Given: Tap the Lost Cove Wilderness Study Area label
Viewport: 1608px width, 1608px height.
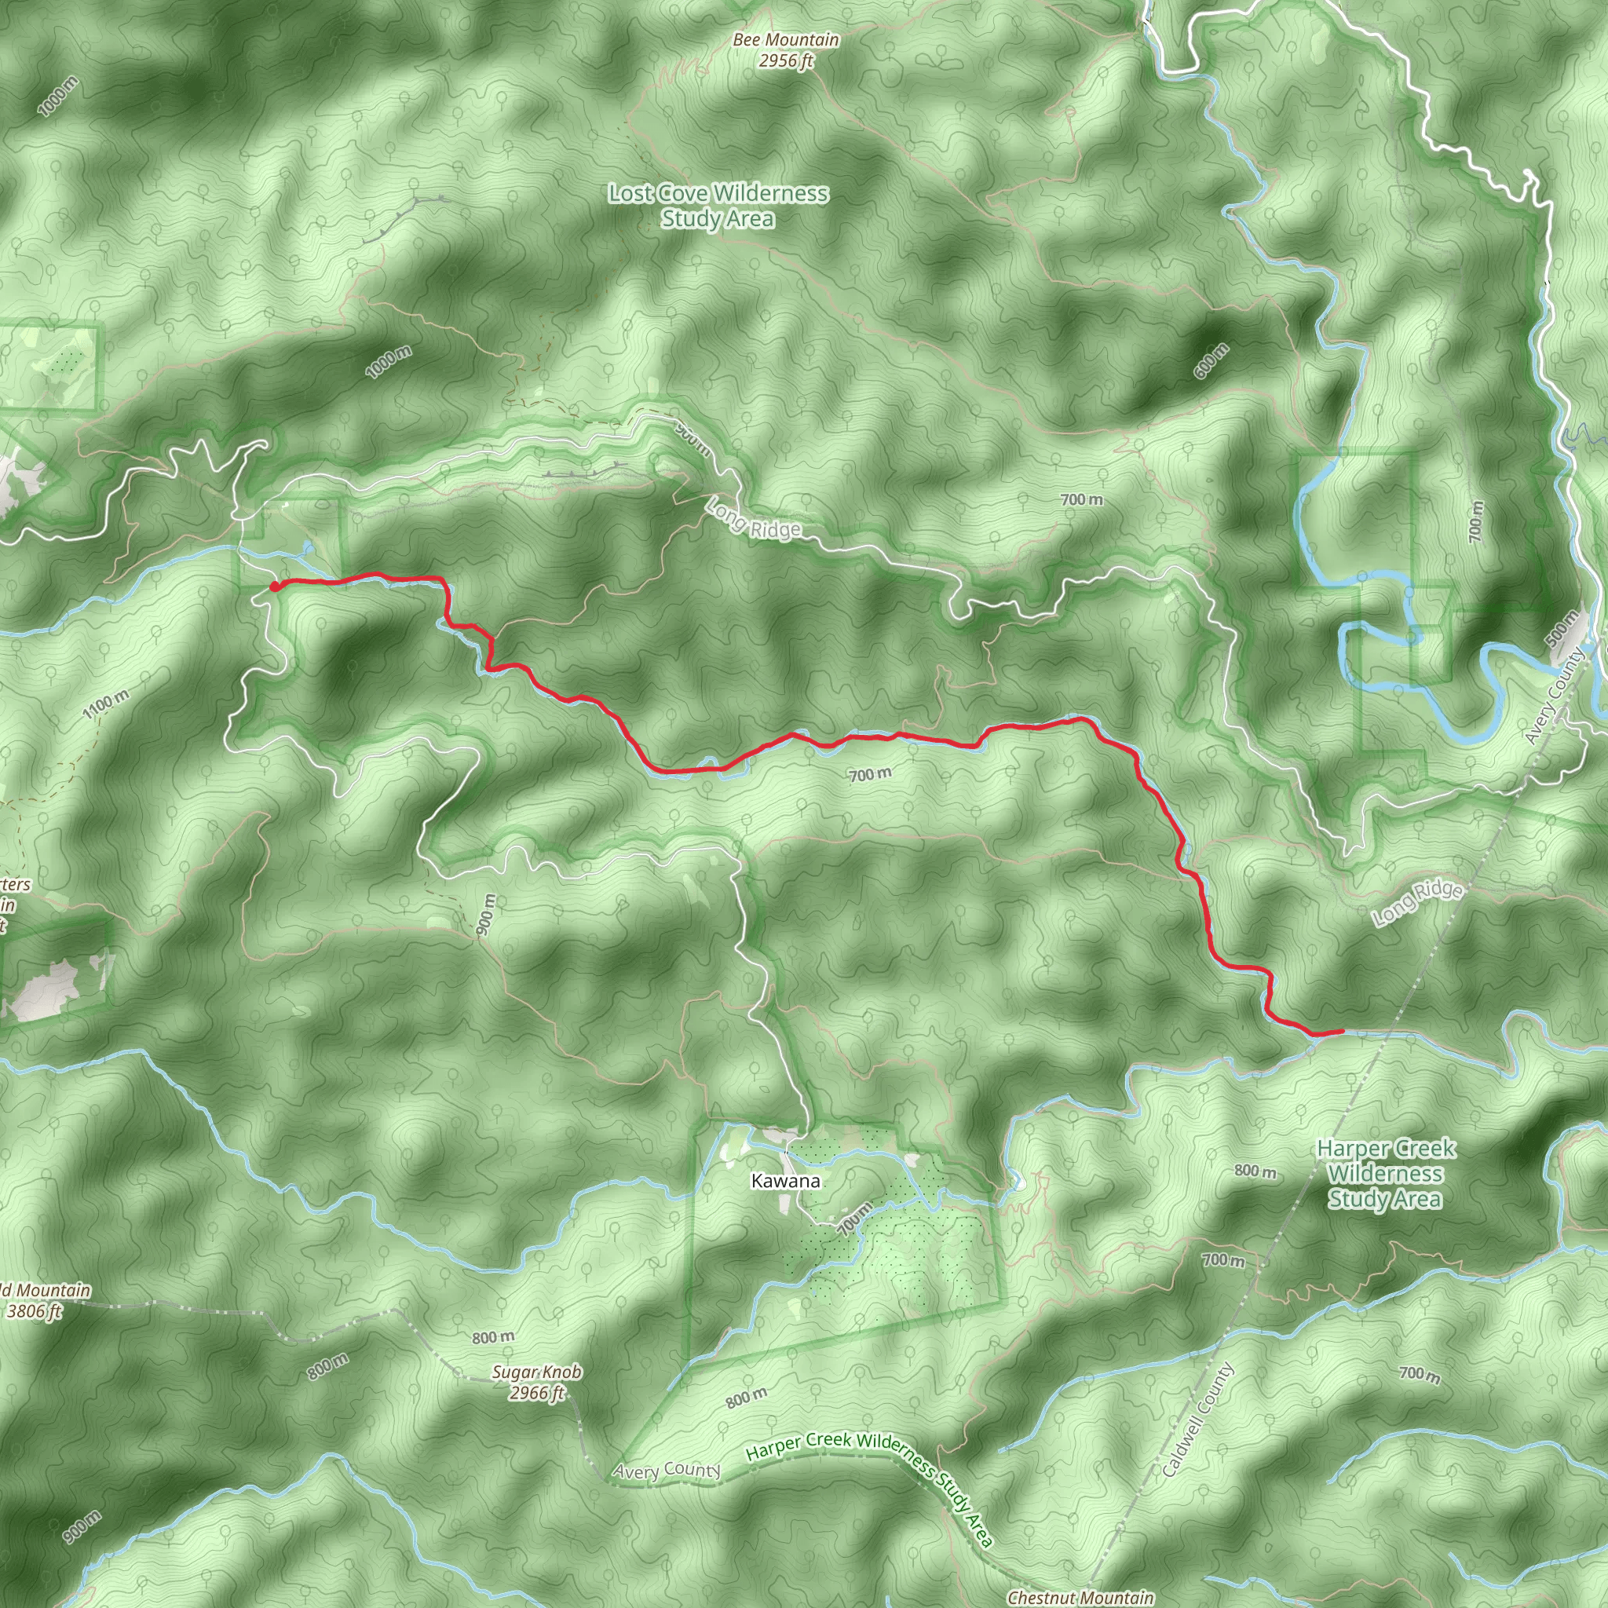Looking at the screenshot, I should point(718,206).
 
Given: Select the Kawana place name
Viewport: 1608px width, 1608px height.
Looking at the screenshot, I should point(785,1181).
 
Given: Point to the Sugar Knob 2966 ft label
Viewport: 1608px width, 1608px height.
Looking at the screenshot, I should point(537,1383).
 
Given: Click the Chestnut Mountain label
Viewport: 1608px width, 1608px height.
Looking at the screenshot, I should point(1080,1597).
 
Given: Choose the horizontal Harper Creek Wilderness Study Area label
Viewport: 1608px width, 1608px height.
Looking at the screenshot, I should point(1386,1174).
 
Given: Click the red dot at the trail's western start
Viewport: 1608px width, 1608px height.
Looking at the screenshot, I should point(275,587).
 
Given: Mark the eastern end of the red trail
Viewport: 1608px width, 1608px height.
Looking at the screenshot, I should point(1341,1031).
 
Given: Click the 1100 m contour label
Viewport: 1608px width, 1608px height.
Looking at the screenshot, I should point(106,705).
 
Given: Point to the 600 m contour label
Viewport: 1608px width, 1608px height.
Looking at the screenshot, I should point(1211,360).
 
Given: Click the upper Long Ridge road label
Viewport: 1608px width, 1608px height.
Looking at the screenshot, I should point(754,517).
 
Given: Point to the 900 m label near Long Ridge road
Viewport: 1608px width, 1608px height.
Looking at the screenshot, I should point(693,440).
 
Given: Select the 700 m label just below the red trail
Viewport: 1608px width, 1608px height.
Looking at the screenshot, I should point(870,775).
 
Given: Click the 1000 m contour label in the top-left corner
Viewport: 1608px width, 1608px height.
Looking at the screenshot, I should point(59,96).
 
